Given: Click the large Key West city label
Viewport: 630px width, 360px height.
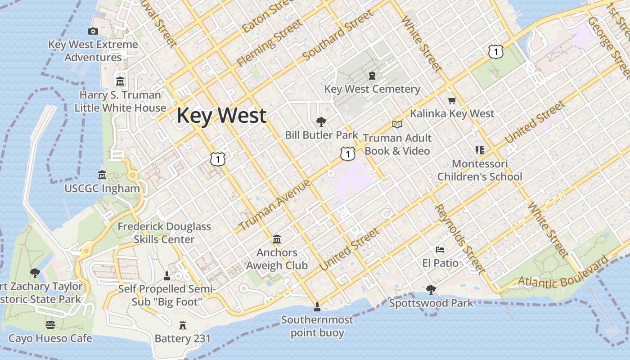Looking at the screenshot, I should (221, 116).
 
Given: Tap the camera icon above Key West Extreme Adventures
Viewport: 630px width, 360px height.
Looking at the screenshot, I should (93, 31).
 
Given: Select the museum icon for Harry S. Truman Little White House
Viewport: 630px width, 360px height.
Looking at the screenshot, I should (120, 81).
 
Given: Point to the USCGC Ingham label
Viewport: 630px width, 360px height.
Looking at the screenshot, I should (102, 188).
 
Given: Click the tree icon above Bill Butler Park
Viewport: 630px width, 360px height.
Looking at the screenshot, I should (321, 121).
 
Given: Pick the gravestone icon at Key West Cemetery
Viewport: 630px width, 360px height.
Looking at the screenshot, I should (372, 75).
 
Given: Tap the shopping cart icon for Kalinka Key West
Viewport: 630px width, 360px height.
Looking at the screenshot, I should (452, 100).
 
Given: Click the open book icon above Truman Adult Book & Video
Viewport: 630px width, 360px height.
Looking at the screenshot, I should (397, 124).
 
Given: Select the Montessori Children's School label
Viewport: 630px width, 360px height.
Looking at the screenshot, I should (480, 170).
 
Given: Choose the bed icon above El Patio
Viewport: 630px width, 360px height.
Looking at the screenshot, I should (440, 249).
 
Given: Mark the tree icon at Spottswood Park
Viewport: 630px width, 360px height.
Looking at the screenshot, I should (431, 289).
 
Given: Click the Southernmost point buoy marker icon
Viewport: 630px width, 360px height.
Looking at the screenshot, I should (317, 307).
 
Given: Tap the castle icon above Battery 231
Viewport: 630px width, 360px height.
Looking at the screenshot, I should (183, 325).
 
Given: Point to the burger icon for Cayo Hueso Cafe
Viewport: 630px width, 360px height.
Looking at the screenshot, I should (50, 324).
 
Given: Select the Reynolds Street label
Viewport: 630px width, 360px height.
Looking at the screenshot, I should (459, 238).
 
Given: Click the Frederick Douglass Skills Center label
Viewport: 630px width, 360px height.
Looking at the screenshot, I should (164, 233).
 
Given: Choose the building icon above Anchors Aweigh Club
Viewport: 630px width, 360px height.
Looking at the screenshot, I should (277, 239).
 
